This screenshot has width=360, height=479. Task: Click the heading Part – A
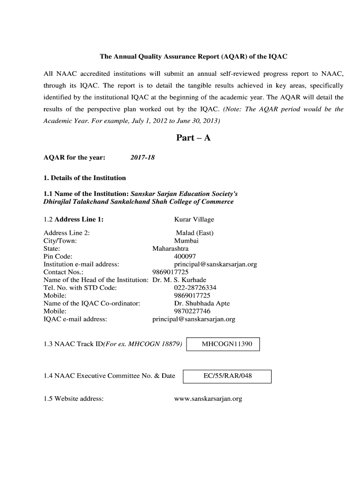193,138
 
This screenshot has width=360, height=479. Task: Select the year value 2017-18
143,158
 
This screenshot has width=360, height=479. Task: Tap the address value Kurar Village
194,219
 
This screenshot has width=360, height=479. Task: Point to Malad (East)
194,233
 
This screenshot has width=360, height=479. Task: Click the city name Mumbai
186,241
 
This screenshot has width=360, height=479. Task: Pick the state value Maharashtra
171,248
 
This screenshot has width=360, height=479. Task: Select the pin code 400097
185,256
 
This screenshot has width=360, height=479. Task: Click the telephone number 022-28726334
195,288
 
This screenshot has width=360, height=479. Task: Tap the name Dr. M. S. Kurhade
179,280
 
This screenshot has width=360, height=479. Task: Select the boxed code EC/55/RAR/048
228,376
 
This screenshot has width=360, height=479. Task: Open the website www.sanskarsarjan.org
208,399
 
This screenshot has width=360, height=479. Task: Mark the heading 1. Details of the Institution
85,178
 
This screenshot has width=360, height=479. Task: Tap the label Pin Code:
58,256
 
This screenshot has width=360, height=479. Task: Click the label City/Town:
60,241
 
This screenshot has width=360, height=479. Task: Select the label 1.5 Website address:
73,399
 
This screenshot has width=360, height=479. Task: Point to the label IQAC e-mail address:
75,319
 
